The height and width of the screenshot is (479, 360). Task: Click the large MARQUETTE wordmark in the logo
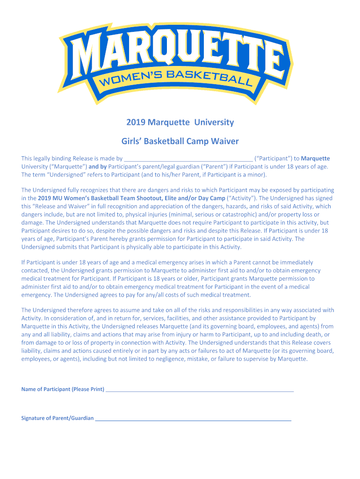coord(180,54)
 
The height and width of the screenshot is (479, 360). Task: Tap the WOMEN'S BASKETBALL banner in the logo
coord(176,79)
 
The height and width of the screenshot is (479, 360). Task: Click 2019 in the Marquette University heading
coord(136,123)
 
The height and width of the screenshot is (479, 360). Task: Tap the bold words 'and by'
coord(98,167)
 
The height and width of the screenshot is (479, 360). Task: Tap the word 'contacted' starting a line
coord(35,270)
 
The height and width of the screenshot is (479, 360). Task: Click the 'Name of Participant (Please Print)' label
coord(63,389)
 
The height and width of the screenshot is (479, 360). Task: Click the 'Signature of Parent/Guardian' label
coord(57,418)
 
